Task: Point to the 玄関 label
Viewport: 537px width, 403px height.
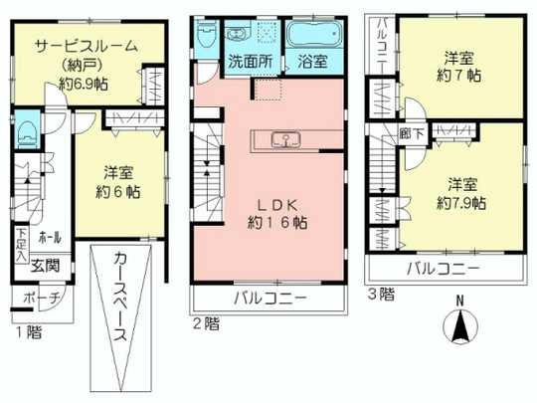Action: (44, 264)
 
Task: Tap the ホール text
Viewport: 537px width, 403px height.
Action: (50, 238)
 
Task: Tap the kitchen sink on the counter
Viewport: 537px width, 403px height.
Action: (281, 138)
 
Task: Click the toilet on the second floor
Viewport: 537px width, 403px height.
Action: (206, 36)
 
